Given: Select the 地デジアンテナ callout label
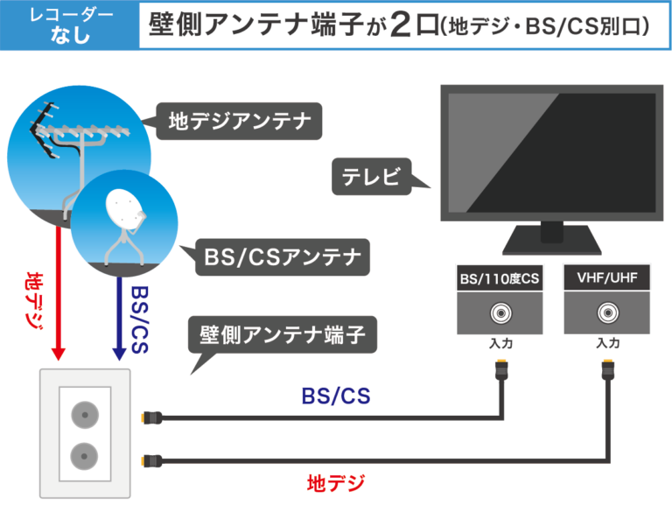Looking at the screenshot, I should coord(239,122).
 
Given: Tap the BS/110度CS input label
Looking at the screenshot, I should coord(500,280).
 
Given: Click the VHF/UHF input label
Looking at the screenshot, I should coord(606,279).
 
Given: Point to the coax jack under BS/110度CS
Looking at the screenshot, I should coord(500,312).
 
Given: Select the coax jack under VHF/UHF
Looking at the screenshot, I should coord(606,312).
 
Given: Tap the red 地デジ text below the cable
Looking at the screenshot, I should coord(335,482).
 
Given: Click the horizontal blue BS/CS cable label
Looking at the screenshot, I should coord(335,396).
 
